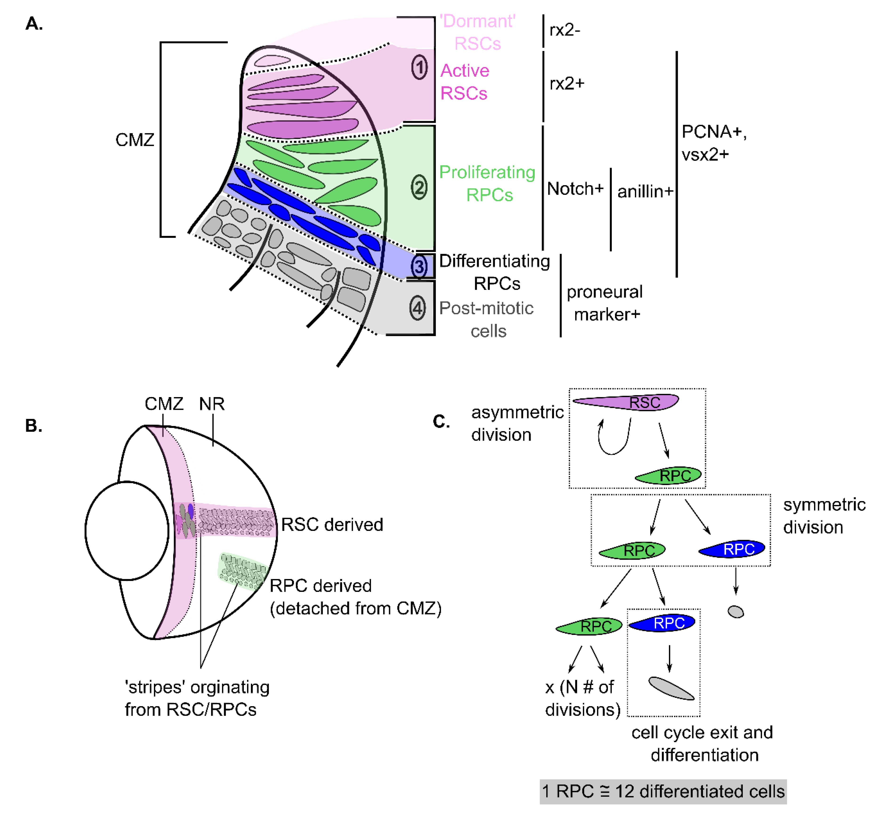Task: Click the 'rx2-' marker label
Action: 565,30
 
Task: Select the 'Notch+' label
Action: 575,189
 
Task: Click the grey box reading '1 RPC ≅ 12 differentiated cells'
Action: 663,791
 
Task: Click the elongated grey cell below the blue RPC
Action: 671,688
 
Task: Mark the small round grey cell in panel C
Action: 735,612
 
